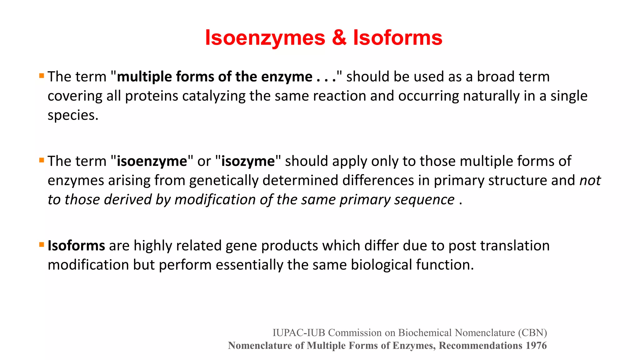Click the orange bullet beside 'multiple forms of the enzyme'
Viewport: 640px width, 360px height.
(x=42, y=76)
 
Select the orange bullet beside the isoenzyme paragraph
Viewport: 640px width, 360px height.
(x=42, y=160)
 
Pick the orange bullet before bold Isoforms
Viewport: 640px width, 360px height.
(x=42, y=245)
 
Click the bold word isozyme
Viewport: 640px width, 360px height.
(x=248, y=162)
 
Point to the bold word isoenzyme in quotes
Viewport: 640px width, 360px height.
(x=152, y=162)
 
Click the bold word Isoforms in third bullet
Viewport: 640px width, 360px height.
(x=76, y=246)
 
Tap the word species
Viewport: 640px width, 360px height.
(x=72, y=116)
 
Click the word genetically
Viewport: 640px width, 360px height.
(x=224, y=181)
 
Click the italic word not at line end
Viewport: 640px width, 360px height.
(x=590, y=181)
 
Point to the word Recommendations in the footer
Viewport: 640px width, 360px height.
(x=480, y=346)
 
